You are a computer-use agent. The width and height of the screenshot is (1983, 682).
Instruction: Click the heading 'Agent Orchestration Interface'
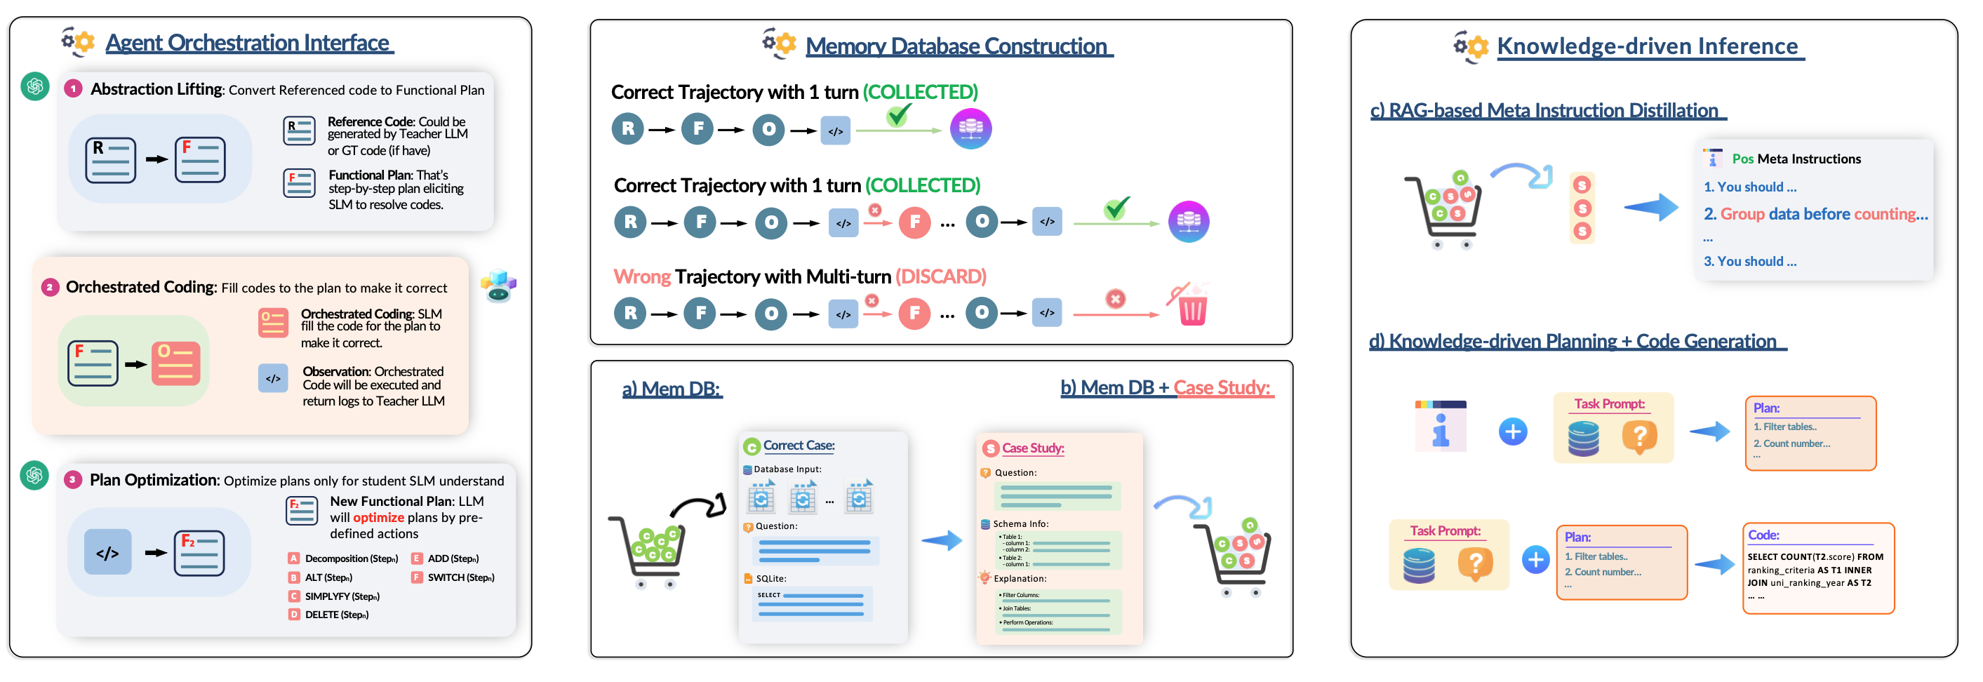pyautogui.click(x=248, y=43)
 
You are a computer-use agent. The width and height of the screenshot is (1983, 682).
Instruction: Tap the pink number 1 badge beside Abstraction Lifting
pyautogui.click(x=73, y=89)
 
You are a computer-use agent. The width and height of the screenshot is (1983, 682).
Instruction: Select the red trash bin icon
pyautogui.click(x=1191, y=309)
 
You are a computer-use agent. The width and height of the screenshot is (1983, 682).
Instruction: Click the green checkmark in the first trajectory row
pyautogui.click(x=897, y=116)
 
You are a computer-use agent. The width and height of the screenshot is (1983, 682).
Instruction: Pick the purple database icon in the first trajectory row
pyautogui.click(x=970, y=128)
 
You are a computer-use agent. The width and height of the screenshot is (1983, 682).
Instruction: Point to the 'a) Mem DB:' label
pyautogui.click(x=672, y=389)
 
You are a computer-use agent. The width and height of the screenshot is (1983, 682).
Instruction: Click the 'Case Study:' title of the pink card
pyautogui.click(x=1032, y=448)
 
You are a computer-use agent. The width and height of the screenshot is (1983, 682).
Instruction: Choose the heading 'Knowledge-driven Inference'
pyautogui.click(x=1647, y=46)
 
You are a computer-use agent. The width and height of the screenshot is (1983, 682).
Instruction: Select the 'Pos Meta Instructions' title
pyautogui.click(x=1796, y=159)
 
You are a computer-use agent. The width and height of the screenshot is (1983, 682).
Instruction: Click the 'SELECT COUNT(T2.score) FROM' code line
pyautogui.click(x=1815, y=556)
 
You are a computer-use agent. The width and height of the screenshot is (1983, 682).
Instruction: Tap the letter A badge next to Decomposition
pyautogui.click(x=293, y=558)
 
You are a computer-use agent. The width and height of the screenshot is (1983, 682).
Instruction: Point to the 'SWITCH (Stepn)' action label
pyautogui.click(x=460, y=577)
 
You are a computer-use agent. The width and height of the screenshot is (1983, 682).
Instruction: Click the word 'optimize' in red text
pyautogui.click(x=378, y=517)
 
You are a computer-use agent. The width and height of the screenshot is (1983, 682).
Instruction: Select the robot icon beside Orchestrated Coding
pyautogui.click(x=499, y=286)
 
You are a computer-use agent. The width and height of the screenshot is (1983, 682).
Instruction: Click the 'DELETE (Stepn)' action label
pyautogui.click(x=336, y=614)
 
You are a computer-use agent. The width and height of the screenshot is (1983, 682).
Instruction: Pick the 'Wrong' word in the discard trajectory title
pyautogui.click(x=641, y=276)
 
